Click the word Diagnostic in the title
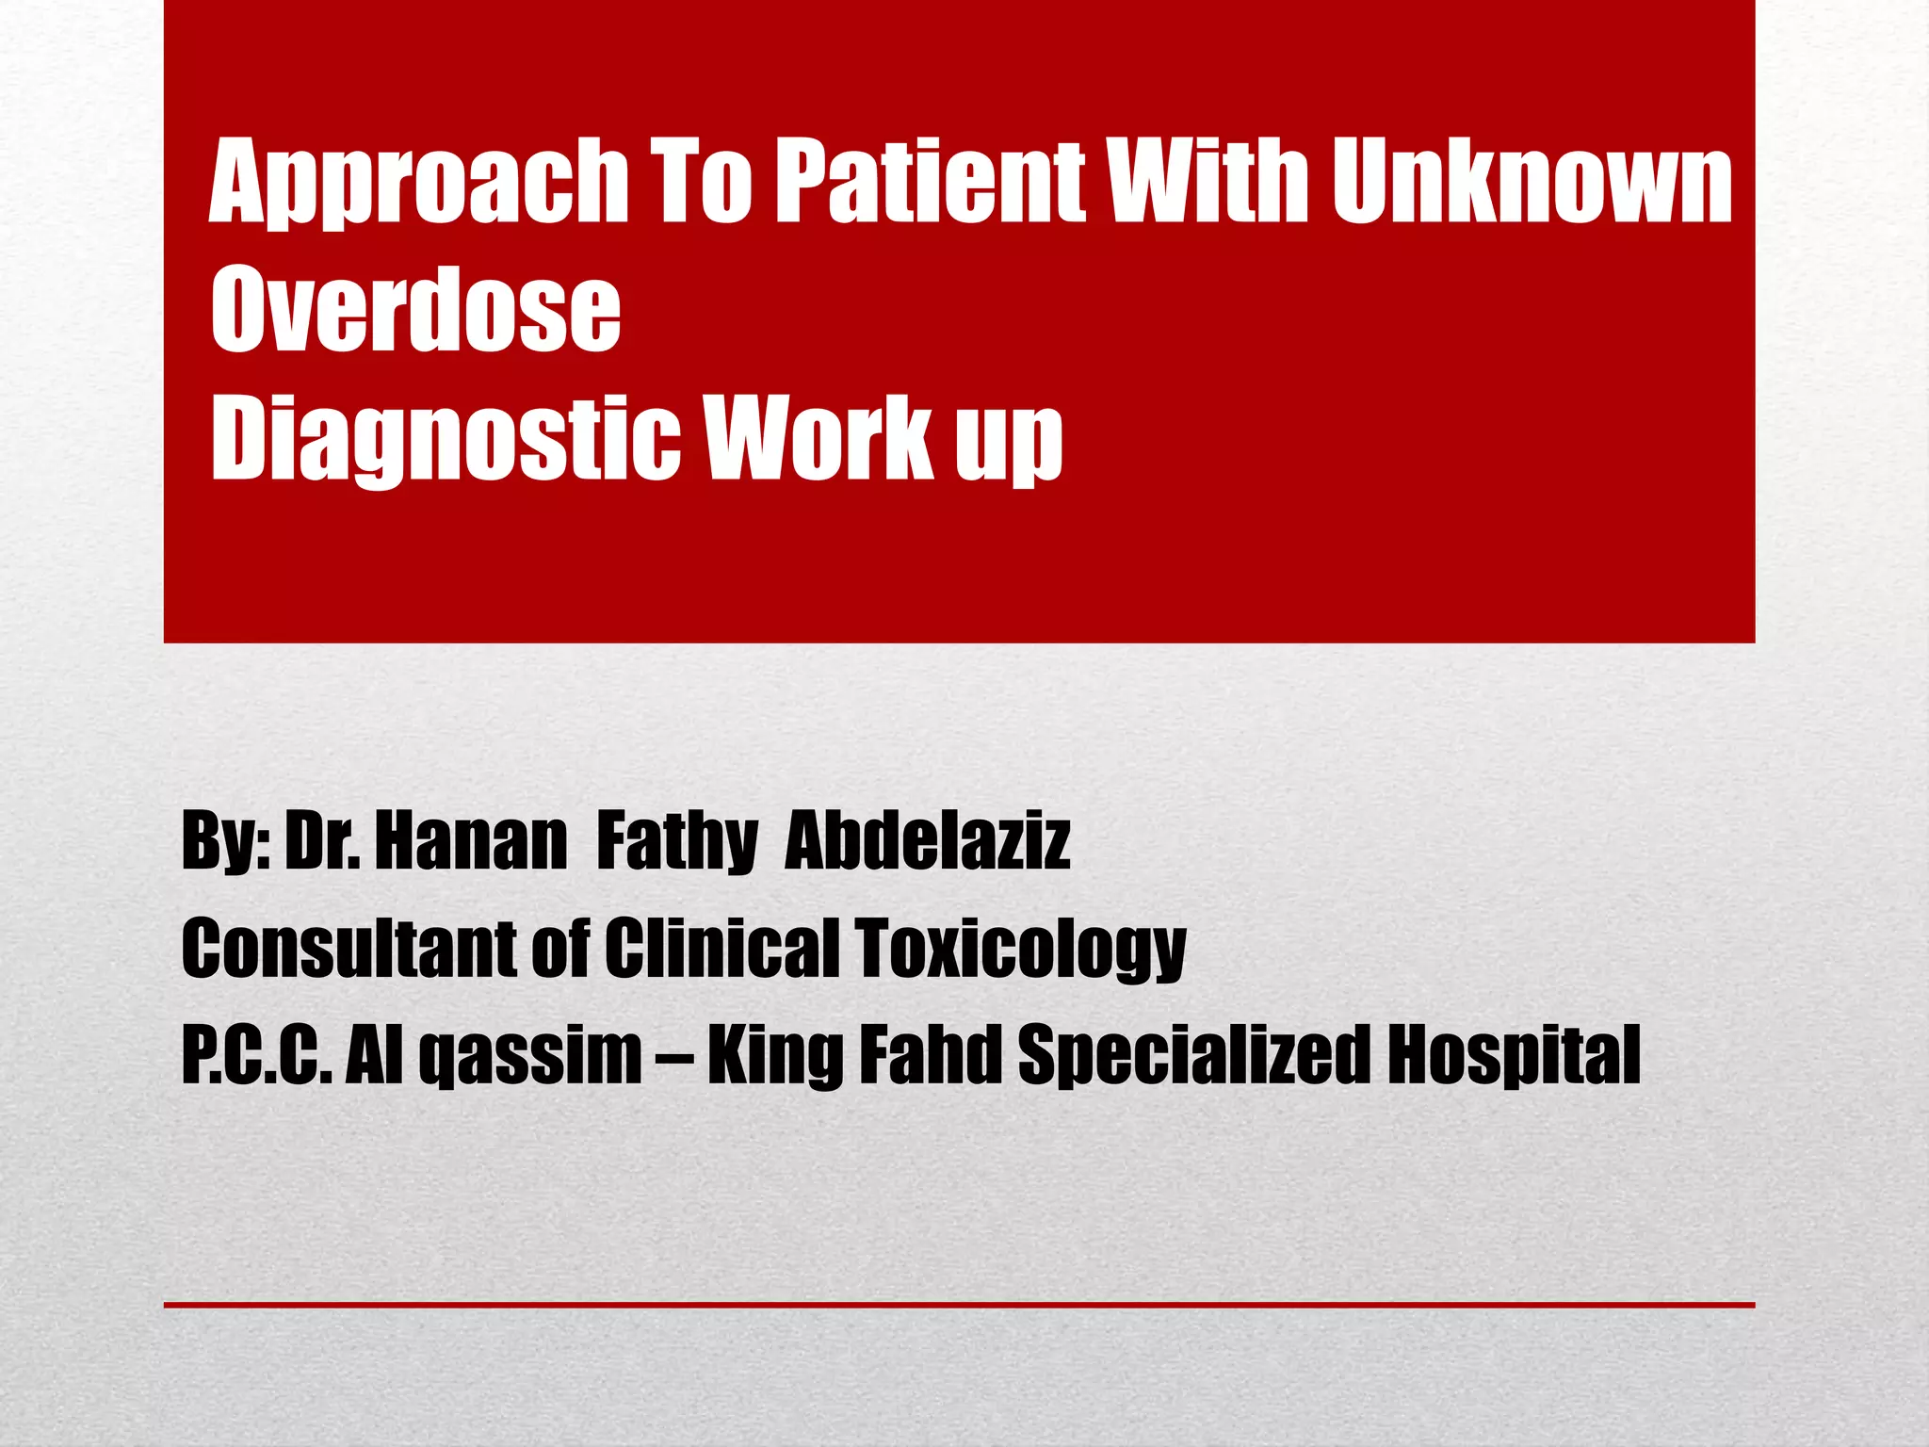click(x=445, y=439)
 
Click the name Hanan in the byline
click(x=471, y=840)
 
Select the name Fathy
click(x=677, y=842)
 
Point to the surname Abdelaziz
click(x=928, y=840)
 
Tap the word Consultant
click(x=348, y=948)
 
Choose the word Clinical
click(x=721, y=948)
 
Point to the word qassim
click(x=530, y=1055)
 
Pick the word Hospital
click(x=1515, y=1055)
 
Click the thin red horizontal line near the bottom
click(x=959, y=1305)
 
